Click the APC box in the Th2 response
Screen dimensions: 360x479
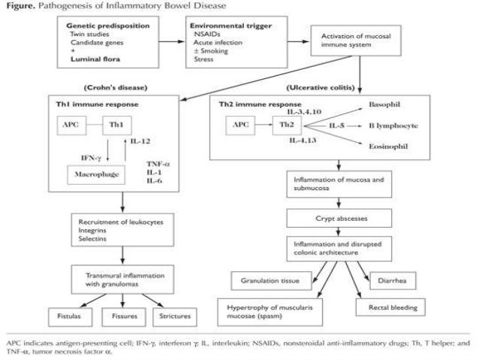[239, 125]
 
